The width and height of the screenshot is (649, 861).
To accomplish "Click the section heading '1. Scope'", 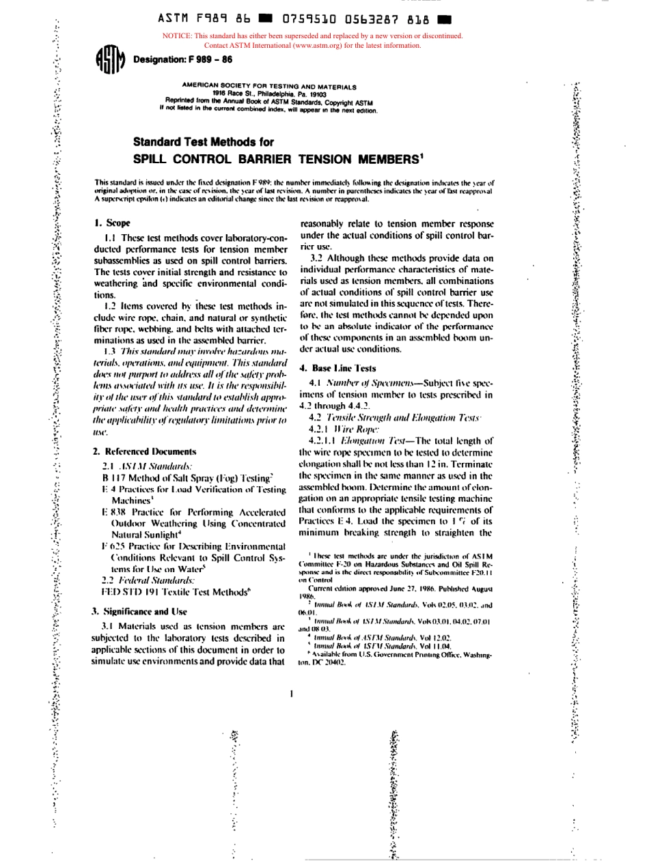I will click(x=112, y=223).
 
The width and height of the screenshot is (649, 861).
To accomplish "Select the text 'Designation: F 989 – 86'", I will click(x=174, y=59).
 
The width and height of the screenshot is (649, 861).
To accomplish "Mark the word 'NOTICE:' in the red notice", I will click(x=178, y=36).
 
